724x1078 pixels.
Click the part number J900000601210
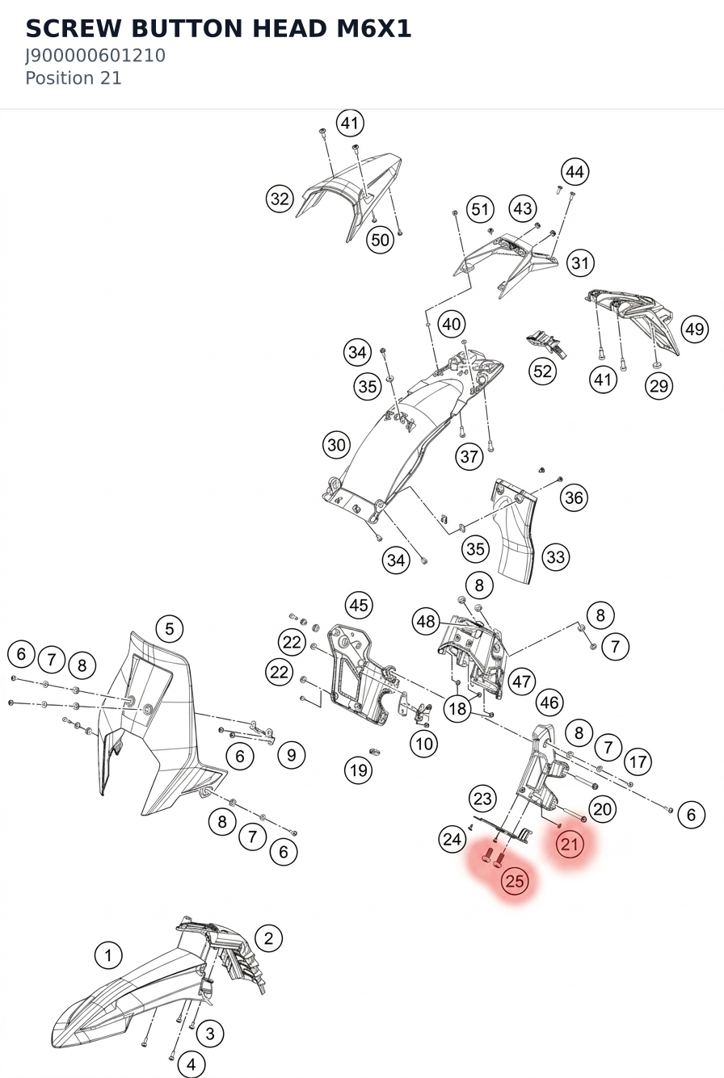(95, 56)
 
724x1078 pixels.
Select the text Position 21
(74, 78)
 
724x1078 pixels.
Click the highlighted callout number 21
(570, 844)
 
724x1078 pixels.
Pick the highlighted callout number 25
(515, 881)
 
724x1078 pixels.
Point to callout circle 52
(542, 371)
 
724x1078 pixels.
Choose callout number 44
(575, 172)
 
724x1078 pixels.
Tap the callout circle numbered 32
(280, 199)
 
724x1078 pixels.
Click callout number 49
(695, 329)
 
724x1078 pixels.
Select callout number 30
(336, 445)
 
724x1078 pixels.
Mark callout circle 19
(359, 770)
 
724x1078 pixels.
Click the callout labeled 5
(170, 628)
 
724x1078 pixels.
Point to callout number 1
(108, 955)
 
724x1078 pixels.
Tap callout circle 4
(192, 1064)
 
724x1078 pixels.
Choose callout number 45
(359, 605)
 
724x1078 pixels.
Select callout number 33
(555, 557)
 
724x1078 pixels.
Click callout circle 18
(457, 708)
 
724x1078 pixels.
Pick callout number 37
(469, 456)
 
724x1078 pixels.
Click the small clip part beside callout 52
(546, 343)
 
